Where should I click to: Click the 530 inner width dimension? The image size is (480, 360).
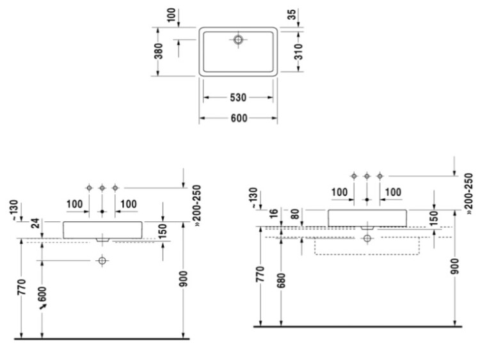(x=238, y=98)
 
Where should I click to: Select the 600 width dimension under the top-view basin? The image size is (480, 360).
(x=239, y=118)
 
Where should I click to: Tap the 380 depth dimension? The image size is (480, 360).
(x=159, y=51)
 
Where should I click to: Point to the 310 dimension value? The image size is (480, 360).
(x=299, y=51)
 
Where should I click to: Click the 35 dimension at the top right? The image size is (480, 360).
(x=292, y=14)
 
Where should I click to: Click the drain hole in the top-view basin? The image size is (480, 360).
(x=238, y=40)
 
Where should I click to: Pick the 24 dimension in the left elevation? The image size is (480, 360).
(x=35, y=223)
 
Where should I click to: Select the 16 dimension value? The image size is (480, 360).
(x=274, y=212)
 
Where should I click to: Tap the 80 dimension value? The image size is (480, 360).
(x=295, y=214)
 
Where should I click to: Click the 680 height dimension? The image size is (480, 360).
(x=281, y=281)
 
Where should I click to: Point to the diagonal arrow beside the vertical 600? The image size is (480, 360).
(x=43, y=306)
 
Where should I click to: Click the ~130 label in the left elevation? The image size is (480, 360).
(x=14, y=208)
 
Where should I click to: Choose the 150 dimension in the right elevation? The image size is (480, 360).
(x=434, y=219)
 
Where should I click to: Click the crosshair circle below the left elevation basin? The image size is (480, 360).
(x=102, y=261)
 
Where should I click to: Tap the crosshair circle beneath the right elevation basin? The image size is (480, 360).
(x=367, y=239)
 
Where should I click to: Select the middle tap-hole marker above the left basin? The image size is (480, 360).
(x=102, y=188)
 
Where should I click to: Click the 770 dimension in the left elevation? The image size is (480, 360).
(x=22, y=286)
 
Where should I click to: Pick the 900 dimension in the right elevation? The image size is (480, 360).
(x=455, y=266)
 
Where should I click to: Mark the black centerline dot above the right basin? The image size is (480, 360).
(x=367, y=200)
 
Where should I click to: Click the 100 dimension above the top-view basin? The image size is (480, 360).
(x=172, y=15)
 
